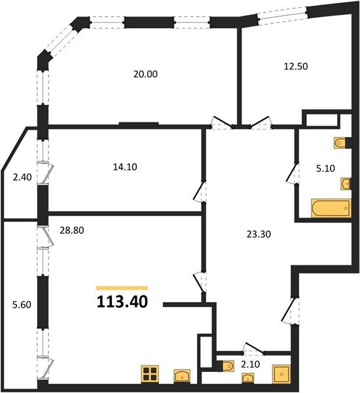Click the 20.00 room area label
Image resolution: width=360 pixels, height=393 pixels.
pos(145,74)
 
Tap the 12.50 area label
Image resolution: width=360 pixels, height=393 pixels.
pos(296,66)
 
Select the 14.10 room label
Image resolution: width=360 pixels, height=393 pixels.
pos(125,167)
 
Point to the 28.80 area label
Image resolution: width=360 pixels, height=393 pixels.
pos(71,231)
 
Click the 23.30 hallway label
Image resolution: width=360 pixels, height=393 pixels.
pos(259,234)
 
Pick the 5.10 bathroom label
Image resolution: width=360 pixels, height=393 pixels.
pos(325,168)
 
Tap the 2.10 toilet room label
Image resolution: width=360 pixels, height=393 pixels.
pos(250,364)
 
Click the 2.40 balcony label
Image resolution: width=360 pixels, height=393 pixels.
pos(22,178)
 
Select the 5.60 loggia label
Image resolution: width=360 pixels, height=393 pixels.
pos(22,305)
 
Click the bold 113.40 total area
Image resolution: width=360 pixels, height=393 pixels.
pos(122,302)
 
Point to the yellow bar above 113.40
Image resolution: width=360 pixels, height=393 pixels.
pos(122,288)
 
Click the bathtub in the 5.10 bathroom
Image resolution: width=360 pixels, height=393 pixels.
pos(331,208)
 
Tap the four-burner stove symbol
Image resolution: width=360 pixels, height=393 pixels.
pos(150,374)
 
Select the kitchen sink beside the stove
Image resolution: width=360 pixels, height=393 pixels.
pos(182,376)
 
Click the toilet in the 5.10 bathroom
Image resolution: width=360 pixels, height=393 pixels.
pos(340,143)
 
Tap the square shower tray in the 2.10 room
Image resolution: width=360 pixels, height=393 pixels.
pos(281,374)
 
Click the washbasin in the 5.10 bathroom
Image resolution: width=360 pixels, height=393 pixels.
pos(346,183)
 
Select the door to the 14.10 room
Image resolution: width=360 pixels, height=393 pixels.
pos(200,191)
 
